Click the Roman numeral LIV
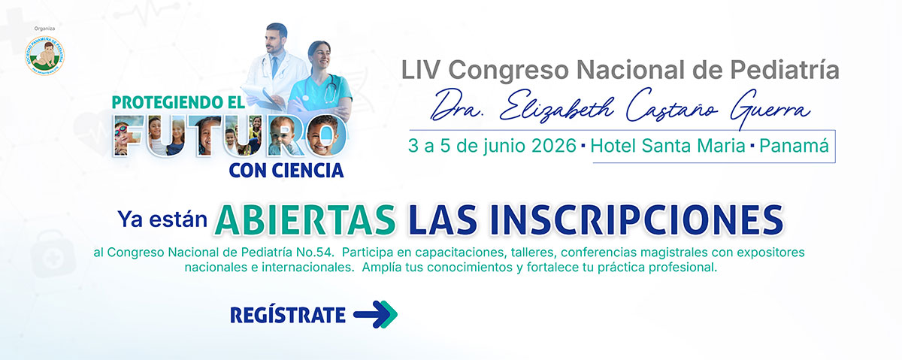[x=423, y=71]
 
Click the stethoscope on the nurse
[x=331, y=90]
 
